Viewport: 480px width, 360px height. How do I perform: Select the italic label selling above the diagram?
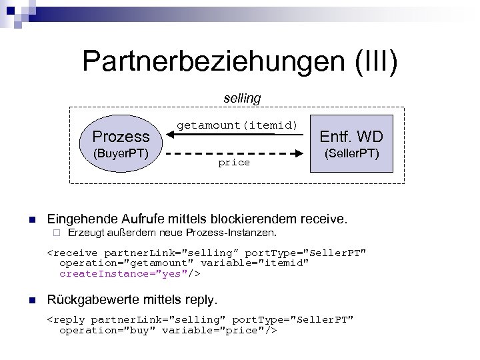(242, 98)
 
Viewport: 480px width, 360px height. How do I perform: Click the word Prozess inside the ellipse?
(121, 137)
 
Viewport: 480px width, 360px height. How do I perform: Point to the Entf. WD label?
(351, 137)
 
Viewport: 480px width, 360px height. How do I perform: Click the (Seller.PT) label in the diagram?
(351, 155)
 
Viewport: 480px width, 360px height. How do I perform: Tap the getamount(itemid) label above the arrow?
(237, 125)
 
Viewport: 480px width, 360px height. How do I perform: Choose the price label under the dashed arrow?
(234, 163)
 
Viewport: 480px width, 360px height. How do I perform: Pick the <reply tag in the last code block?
(67, 319)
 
